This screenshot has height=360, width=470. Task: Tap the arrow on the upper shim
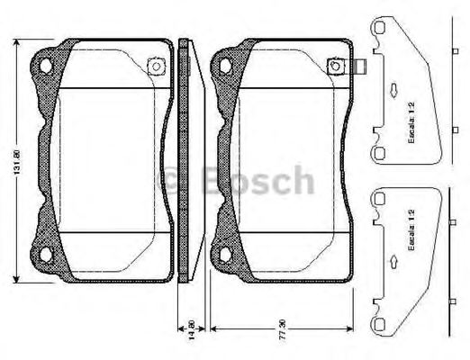[x=394, y=90]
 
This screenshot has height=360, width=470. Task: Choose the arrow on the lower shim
[x=394, y=261]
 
